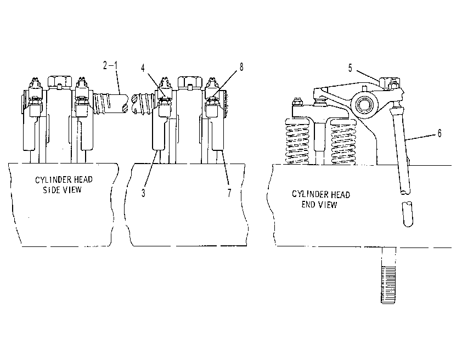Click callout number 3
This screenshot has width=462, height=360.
click(x=143, y=193)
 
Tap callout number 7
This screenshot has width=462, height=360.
click(x=229, y=193)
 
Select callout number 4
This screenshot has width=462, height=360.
click(x=143, y=68)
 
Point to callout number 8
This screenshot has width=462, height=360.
click(x=241, y=67)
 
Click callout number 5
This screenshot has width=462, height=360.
click(x=350, y=68)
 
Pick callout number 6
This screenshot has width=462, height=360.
click(x=440, y=133)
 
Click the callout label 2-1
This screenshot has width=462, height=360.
click(x=110, y=65)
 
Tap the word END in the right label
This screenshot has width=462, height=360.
click(x=307, y=205)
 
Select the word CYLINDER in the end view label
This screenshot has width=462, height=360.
click(x=310, y=194)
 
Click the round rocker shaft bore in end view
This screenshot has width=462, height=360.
click(x=364, y=104)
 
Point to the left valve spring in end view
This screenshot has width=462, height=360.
click(x=297, y=142)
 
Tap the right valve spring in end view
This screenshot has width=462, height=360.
click(x=343, y=142)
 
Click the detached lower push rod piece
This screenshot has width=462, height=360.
click(x=408, y=214)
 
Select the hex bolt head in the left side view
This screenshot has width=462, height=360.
click(x=60, y=82)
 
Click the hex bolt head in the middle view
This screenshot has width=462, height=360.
click(x=190, y=82)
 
